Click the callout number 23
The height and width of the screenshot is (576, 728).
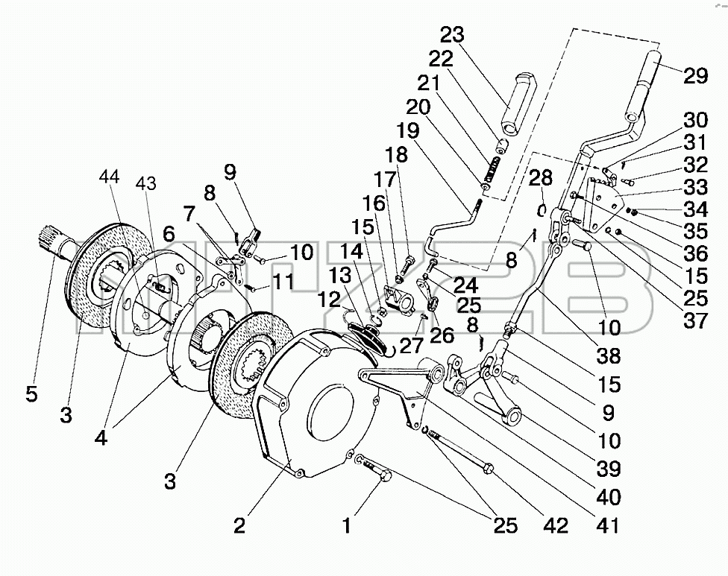click(452, 35)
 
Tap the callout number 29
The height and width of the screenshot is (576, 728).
click(695, 75)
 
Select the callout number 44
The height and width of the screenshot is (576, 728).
click(109, 177)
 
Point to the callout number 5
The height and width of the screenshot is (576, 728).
click(31, 394)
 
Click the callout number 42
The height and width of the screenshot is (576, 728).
click(556, 525)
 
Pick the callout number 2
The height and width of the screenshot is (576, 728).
click(239, 525)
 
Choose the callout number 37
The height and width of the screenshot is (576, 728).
click(695, 320)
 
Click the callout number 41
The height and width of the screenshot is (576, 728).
click(607, 525)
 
